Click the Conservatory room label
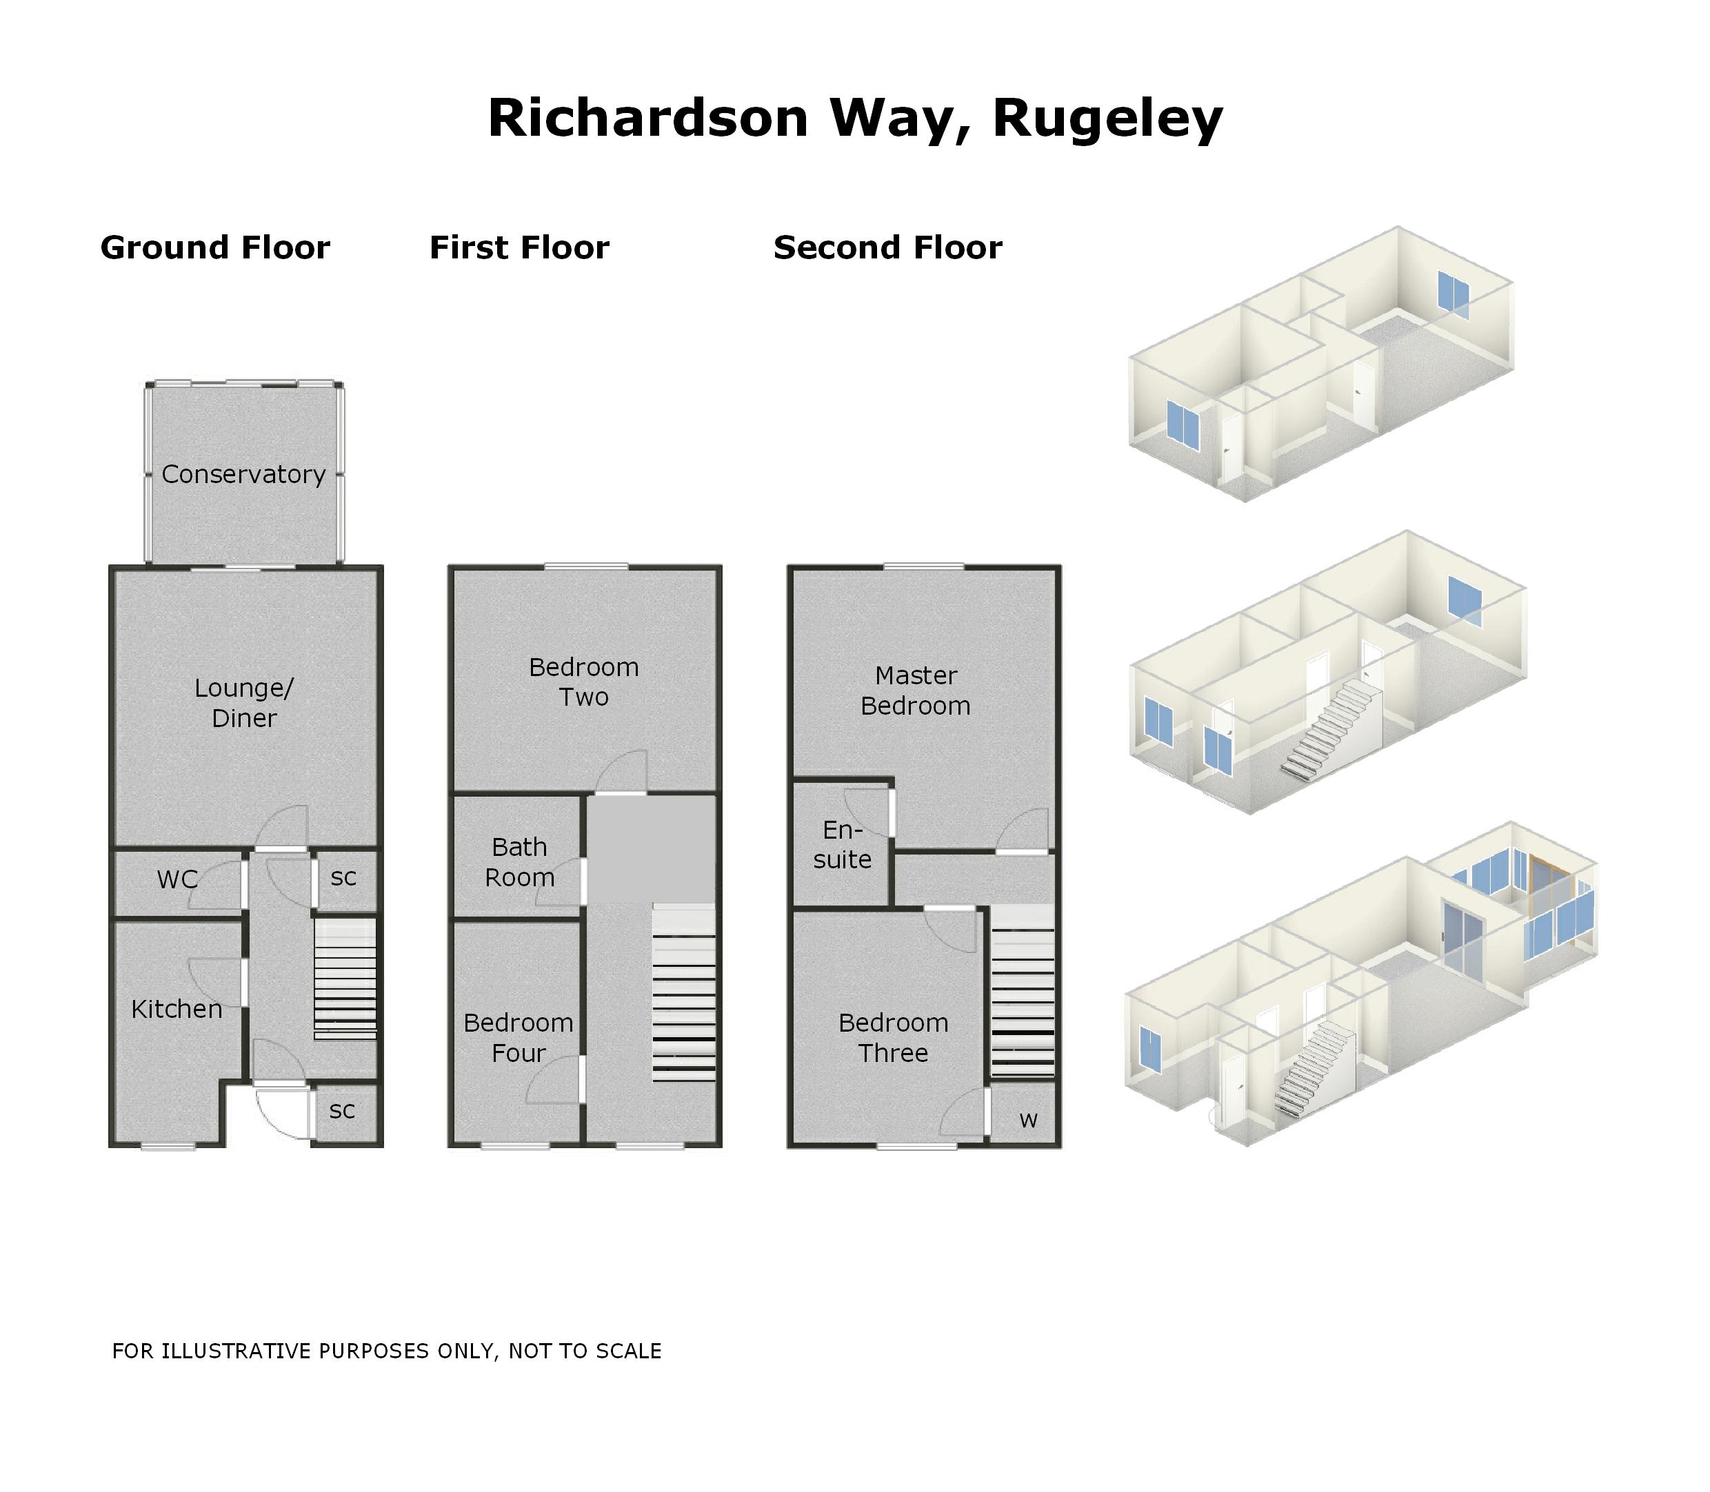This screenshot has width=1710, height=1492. [x=243, y=475]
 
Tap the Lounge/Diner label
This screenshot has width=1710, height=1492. [x=244, y=703]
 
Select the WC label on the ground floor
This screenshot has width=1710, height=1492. [x=177, y=879]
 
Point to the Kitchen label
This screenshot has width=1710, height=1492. [x=177, y=1009]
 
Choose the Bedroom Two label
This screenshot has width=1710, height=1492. [x=583, y=682]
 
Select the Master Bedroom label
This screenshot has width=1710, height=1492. [x=916, y=691]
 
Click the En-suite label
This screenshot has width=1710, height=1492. [x=842, y=844]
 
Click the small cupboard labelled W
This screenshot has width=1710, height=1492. [x=1028, y=1121]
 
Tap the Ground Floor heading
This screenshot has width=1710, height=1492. [x=215, y=248]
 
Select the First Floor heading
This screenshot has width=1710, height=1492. [x=519, y=248]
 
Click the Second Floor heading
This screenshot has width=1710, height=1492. [x=888, y=248]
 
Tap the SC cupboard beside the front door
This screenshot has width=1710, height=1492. [x=342, y=1111]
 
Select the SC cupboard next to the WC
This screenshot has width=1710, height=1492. [x=343, y=877]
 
